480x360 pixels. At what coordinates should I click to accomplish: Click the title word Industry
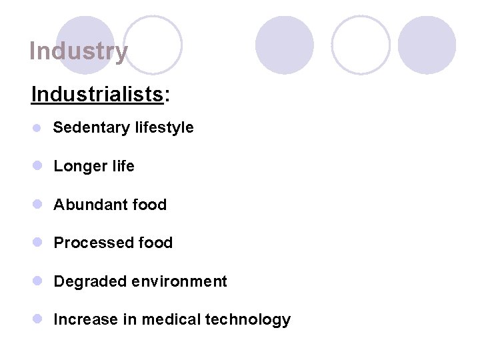(78, 51)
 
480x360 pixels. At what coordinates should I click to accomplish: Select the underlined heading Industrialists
(97, 95)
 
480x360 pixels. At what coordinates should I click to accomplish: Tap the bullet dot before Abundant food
(39, 205)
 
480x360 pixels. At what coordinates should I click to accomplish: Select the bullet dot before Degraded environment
(39, 281)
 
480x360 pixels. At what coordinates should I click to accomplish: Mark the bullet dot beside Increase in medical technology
(39, 320)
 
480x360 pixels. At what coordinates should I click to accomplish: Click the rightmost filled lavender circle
(427, 45)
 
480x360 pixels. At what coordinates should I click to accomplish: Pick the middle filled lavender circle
(285, 45)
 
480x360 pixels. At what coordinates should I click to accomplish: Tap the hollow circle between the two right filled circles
(361, 45)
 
